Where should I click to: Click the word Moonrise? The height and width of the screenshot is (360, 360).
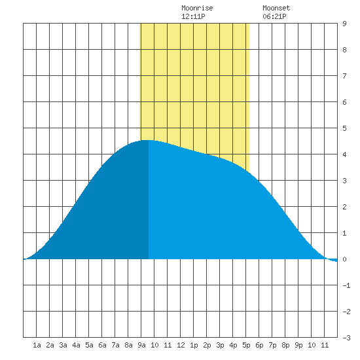(x=197, y=8)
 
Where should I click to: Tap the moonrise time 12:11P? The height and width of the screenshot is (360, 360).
(x=193, y=16)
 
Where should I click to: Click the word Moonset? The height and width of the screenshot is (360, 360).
(x=276, y=8)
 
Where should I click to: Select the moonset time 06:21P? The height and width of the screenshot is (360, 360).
(x=274, y=16)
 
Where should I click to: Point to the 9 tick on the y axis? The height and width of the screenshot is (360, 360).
(x=344, y=24)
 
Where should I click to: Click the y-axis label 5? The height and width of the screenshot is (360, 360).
(x=344, y=128)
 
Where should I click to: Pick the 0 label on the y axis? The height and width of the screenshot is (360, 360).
(x=344, y=259)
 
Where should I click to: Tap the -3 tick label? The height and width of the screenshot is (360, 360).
(x=346, y=338)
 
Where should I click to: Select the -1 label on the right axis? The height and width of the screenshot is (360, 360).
(x=346, y=285)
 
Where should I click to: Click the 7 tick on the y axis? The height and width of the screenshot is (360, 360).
(x=344, y=76)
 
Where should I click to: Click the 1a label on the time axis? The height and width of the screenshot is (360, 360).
(x=37, y=345)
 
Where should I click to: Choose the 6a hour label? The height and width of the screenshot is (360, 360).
(x=102, y=345)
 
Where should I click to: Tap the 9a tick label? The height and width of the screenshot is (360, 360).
(x=141, y=345)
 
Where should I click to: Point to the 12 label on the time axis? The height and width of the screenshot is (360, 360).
(x=181, y=345)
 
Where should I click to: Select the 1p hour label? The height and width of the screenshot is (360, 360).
(x=194, y=345)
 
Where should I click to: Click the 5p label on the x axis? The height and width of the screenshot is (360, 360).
(x=246, y=345)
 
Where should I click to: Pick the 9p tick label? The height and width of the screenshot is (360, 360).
(x=298, y=345)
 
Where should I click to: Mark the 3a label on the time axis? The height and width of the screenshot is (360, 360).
(x=63, y=345)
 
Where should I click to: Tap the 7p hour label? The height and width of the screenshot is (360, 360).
(x=272, y=345)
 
